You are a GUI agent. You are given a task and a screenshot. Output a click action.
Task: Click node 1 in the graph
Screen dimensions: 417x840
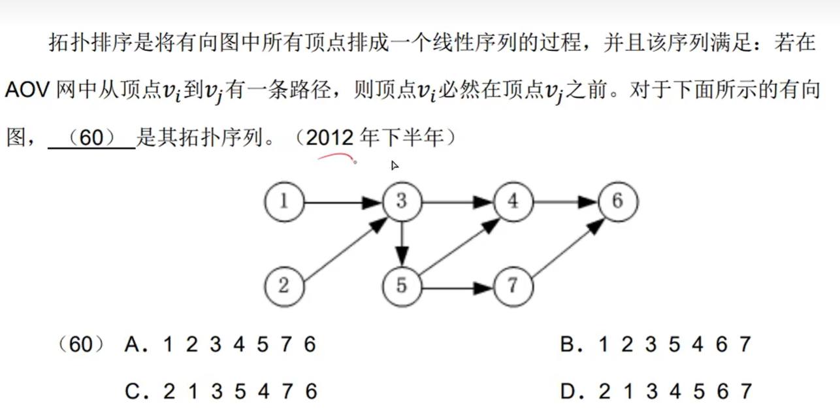coord(284,201)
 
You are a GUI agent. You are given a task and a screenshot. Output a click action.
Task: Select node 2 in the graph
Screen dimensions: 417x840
coord(284,286)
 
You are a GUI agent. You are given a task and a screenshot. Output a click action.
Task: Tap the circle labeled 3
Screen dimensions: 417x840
coord(402,201)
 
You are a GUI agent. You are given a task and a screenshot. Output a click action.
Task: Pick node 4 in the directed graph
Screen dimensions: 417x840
coord(513,201)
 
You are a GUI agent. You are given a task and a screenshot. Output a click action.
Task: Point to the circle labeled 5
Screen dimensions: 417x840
coord(402,286)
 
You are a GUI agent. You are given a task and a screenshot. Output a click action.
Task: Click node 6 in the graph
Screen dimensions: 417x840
coord(618,201)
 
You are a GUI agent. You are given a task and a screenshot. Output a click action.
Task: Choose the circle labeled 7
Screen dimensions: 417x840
coord(513,286)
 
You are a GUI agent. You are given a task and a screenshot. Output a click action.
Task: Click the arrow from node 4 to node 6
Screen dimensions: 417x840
coord(566,202)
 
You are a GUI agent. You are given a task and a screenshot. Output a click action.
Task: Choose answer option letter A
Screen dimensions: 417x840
coord(132,344)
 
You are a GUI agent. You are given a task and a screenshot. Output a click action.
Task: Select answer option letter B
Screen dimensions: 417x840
coord(567,344)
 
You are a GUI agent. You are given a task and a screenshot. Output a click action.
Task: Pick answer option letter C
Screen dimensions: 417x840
coord(133,392)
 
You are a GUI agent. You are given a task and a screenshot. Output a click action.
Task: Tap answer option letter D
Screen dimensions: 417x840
coord(567,392)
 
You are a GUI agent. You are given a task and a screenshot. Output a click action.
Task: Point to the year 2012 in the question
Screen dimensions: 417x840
coord(329,138)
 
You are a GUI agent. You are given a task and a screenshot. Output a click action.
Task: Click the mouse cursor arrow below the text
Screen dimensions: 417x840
coord(395,165)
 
